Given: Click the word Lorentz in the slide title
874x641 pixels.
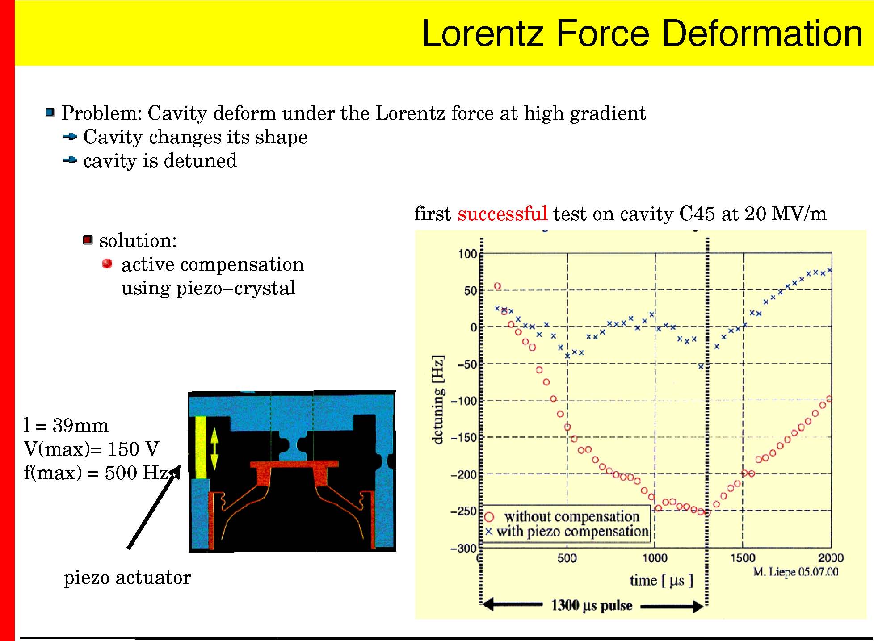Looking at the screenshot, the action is point(483,34).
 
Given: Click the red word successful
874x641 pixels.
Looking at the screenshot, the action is point(502,214).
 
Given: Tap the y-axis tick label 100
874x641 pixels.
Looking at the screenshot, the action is point(467,254).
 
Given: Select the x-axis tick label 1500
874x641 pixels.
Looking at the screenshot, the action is point(743,558).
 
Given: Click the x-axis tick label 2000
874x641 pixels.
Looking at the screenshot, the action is point(831,558).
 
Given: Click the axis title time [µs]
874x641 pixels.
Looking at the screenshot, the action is point(661,580).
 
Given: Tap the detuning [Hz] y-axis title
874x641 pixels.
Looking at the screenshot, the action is point(438,399).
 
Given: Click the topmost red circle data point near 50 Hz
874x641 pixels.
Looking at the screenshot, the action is point(497,286).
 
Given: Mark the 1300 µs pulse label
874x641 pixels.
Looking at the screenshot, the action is point(592,606).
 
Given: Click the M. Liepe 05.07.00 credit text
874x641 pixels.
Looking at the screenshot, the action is point(796,572).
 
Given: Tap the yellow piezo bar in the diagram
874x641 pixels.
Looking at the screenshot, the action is point(201,447).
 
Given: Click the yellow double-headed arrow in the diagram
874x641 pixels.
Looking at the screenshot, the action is point(214,449).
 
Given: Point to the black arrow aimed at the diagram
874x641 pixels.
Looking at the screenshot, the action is point(154,507).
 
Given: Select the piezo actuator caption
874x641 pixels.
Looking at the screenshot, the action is point(127,578).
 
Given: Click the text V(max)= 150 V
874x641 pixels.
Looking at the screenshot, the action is point(92,449).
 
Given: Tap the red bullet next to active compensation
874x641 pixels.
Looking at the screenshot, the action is point(107,264).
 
